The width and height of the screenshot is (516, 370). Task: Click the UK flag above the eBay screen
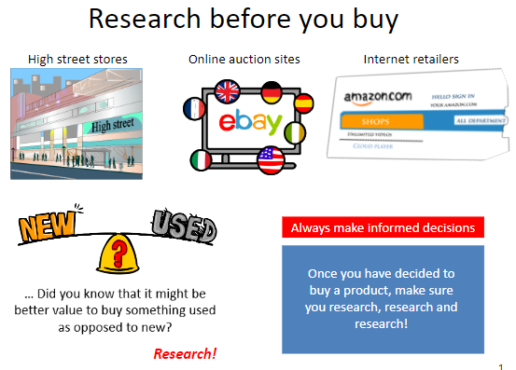[227, 91]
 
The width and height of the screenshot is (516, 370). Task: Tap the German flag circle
[272, 95]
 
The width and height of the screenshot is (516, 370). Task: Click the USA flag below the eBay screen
[270, 159]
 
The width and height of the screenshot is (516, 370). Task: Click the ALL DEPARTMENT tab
[481, 121]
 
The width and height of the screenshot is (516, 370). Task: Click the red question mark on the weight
[118, 251]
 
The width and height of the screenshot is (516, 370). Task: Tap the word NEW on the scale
[48, 227]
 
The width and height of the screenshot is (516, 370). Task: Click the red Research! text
[185, 353]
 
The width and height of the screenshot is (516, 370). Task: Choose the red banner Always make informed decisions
[383, 227]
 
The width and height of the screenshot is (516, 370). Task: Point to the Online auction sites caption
[244, 60]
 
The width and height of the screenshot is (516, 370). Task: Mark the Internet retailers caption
[411, 60]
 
